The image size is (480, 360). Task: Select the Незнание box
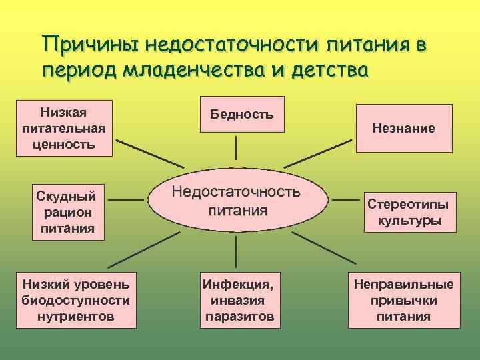[x=403, y=128]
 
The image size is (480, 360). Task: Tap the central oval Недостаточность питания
[x=237, y=201]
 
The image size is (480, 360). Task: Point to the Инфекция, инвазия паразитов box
[x=239, y=300]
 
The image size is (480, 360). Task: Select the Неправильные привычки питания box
[x=403, y=300]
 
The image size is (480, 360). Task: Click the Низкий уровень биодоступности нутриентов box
[x=76, y=300]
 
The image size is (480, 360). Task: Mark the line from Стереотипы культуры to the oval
[x=347, y=199]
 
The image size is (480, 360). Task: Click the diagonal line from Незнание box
[x=322, y=153]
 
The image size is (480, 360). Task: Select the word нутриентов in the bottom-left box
[x=76, y=315]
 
